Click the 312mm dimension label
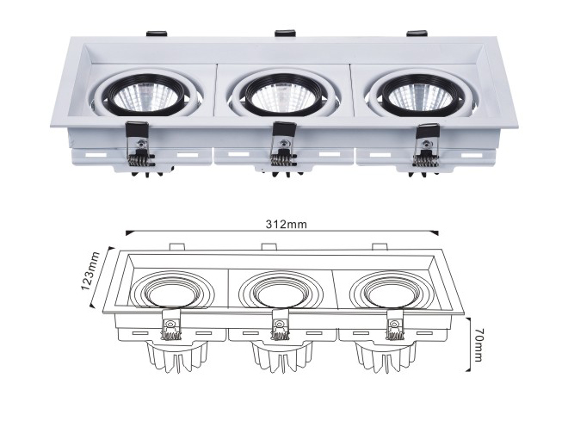pos(287,224)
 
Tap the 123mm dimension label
pos(90,270)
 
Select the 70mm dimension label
pos(478,345)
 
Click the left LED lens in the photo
pos(145,96)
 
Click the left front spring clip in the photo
pos(139,145)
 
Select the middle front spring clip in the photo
pos(284,145)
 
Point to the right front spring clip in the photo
pos(427,145)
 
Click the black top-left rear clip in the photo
pos(157,33)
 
